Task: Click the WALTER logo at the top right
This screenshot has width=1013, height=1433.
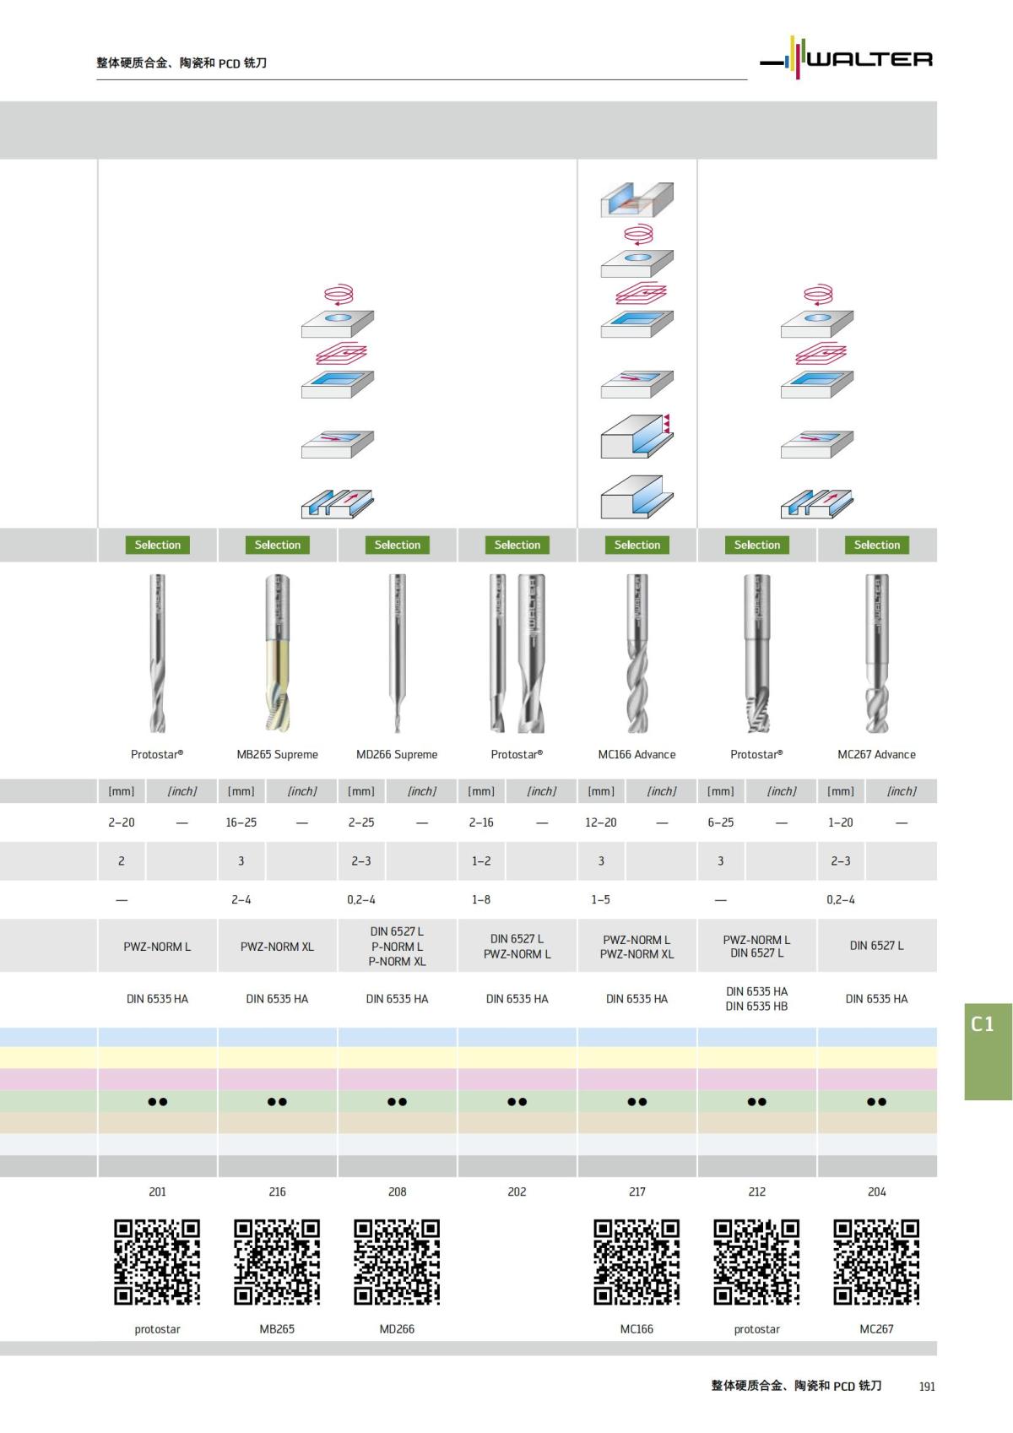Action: (847, 58)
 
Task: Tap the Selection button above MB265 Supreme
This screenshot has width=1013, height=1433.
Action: (278, 546)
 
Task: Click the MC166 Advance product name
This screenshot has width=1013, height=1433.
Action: (637, 755)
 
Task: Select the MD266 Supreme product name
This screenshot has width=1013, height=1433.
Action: (397, 755)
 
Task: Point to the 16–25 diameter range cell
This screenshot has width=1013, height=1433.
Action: (241, 822)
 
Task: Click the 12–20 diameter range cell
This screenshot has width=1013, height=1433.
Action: (601, 822)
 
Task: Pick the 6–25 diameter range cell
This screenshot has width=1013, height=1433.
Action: (721, 822)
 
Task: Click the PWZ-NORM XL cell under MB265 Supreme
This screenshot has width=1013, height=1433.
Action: (277, 947)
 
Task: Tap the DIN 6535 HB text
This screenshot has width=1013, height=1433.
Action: (756, 1007)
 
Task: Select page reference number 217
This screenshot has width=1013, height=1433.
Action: (637, 1192)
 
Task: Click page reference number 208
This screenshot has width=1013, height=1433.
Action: (398, 1192)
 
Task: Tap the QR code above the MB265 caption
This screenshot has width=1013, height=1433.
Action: (277, 1262)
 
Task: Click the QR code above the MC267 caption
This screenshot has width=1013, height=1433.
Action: (876, 1262)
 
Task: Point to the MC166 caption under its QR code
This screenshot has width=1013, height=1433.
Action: (637, 1329)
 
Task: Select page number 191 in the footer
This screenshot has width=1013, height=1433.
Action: (927, 1387)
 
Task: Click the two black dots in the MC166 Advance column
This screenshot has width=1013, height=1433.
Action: (637, 1102)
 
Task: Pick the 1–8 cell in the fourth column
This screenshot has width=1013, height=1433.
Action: (481, 900)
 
